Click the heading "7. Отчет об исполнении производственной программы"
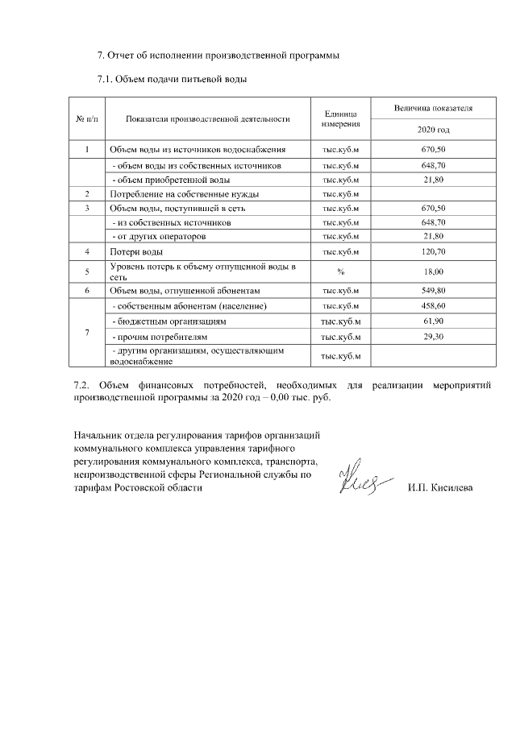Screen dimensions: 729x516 (218, 56)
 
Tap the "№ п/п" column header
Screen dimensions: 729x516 (87, 118)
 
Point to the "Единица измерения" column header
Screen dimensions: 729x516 (340, 118)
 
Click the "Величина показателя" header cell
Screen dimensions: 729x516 (433, 107)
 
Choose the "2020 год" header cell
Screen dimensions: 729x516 (433, 130)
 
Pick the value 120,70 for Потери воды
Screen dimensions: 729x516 (433, 252)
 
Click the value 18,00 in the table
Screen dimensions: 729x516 (433, 271)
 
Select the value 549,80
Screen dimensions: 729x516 (433, 289)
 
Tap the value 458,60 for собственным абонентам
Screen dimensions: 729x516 (433, 306)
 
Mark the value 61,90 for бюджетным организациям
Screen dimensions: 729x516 (433, 321)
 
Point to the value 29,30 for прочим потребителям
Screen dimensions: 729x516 (433, 335)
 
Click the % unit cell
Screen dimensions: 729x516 (340, 271)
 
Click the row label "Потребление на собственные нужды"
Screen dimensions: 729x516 (176, 194)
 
